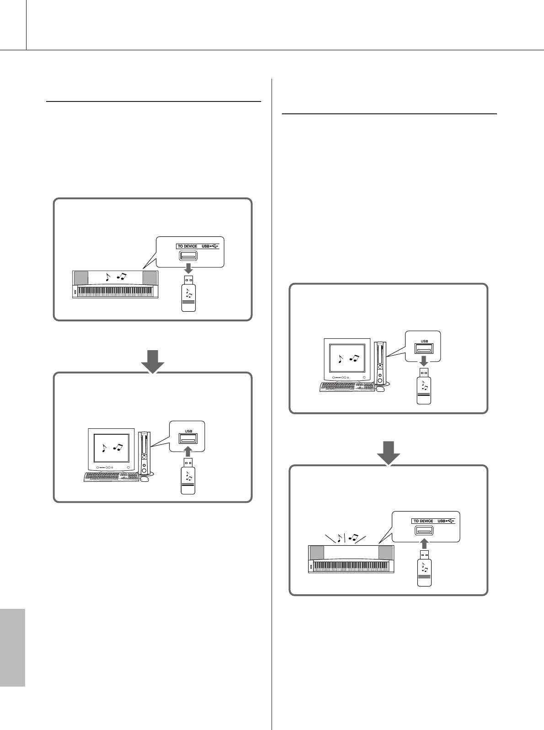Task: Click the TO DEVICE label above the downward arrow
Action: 187,246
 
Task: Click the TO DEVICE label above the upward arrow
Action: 423,521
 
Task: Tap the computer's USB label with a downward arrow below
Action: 424,341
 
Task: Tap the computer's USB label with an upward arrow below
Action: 188,430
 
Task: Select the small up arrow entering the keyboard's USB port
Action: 424,543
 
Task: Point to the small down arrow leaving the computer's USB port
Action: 424,361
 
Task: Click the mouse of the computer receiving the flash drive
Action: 144,479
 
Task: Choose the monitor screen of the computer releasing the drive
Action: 347,359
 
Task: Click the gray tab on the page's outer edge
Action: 12,647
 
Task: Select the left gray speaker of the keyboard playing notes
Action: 317,553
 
